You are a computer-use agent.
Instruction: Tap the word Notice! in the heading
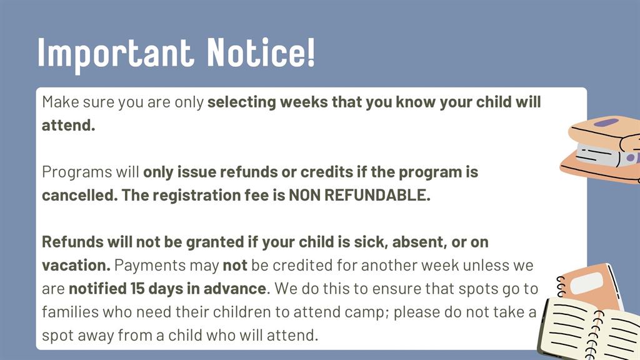coord(261,52)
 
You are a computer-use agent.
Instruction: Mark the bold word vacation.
coord(76,265)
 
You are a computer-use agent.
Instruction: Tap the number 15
coord(137,289)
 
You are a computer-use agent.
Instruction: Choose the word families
coord(70,312)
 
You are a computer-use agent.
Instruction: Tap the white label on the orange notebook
coord(586,283)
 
